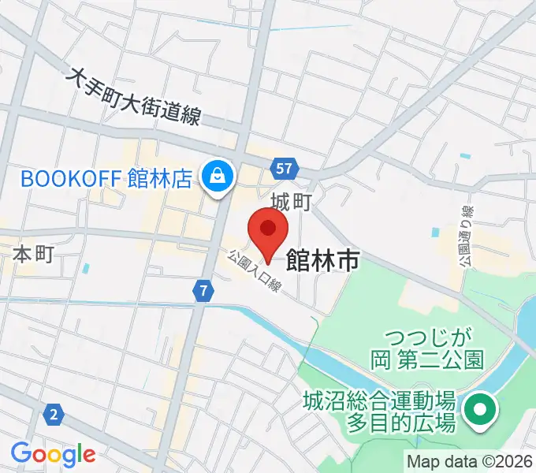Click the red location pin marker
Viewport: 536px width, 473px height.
click(267, 230)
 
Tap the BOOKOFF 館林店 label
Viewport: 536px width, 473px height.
click(106, 178)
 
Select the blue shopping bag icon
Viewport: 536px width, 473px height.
click(216, 177)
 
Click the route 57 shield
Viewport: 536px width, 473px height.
click(285, 168)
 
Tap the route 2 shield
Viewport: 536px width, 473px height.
click(54, 414)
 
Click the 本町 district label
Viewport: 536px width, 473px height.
click(34, 255)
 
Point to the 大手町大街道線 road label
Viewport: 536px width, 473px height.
click(136, 95)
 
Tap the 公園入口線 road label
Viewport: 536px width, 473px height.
click(255, 271)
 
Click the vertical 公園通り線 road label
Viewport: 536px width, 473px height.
click(466, 236)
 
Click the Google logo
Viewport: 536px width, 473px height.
click(53, 454)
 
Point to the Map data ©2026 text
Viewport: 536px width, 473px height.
click(471, 460)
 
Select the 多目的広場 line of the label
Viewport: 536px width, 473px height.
click(401, 423)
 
